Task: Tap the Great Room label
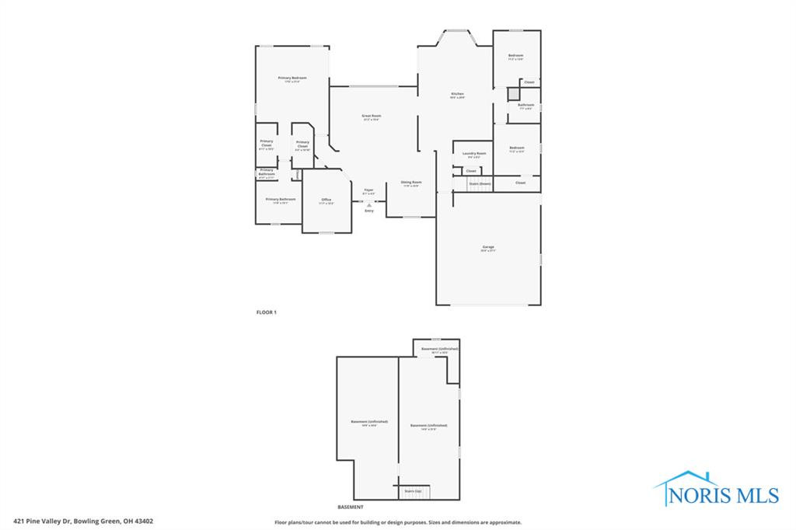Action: pyautogui.click(x=372, y=117)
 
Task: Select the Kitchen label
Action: pyautogui.click(x=457, y=95)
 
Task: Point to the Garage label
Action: pyautogui.click(x=487, y=248)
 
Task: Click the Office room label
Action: pyautogui.click(x=326, y=200)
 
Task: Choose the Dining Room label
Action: pyautogui.click(x=411, y=183)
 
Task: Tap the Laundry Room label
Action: pyautogui.click(x=474, y=154)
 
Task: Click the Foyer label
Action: pyautogui.click(x=369, y=190)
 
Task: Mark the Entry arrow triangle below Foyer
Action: pyautogui.click(x=369, y=204)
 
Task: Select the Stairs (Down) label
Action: pyautogui.click(x=480, y=183)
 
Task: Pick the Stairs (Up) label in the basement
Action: pyautogui.click(x=412, y=491)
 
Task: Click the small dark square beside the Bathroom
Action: pyautogui.click(x=513, y=94)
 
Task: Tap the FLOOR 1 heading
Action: pyautogui.click(x=267, y=312)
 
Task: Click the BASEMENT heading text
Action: pyautogui.click(x=350, y=507)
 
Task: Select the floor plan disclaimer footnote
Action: pyautogui.click(x=397, y=522)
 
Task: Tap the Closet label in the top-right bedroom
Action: pyautogui.click(x=529, y=82)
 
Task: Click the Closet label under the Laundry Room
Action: pyautogui.click(x=471, y=171)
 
